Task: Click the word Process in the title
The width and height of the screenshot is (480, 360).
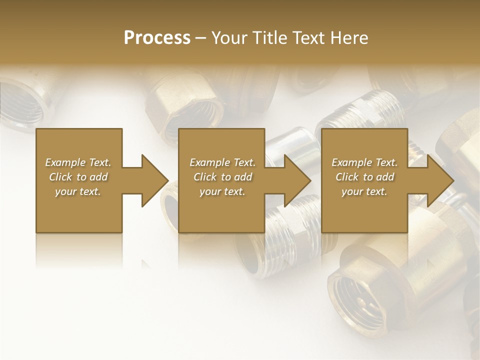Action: (157, 38)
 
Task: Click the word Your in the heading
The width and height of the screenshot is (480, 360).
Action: (230, 38)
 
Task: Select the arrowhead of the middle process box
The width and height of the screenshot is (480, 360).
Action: (295, 180)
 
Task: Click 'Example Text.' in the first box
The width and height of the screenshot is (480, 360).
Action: (78, 162)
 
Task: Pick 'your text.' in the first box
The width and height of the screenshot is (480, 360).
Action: (78, 191)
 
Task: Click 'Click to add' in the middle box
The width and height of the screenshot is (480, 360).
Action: (222, 177)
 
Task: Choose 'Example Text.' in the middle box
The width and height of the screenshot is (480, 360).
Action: (222, 162)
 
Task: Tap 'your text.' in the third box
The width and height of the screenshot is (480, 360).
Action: (364, 191)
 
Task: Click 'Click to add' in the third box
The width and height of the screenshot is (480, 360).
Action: (364, 177)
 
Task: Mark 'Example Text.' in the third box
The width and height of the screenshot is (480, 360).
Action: (364, 162)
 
